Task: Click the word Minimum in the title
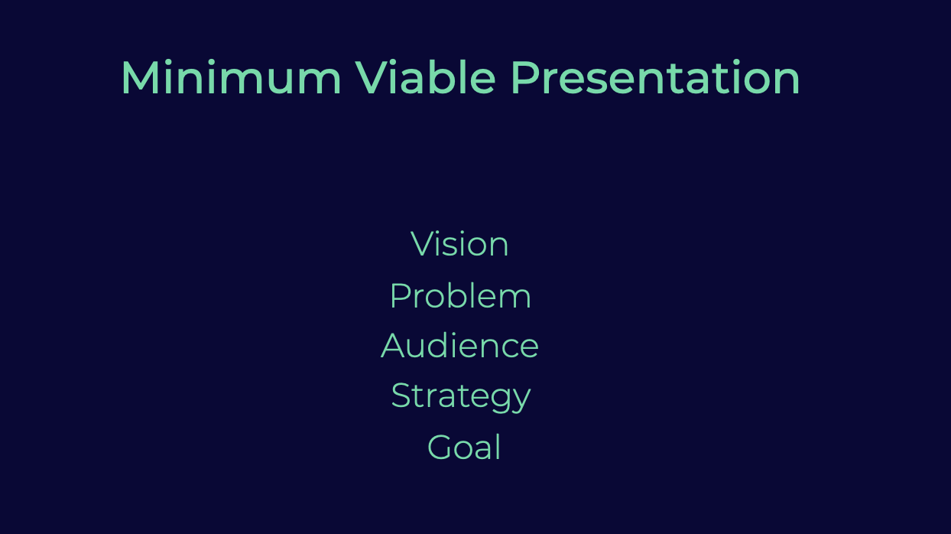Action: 232,77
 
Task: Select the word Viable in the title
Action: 425,77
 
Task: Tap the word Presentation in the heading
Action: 655,77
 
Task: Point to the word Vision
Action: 459,244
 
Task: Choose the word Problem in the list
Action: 460,295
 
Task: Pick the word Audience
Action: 459,345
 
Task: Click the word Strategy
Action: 461,396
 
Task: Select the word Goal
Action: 464,447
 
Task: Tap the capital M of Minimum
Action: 139,78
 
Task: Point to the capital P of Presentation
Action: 525,78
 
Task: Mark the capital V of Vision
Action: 422,244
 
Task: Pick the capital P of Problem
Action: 401,295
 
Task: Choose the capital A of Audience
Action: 393,346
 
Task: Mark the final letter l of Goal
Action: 498,447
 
